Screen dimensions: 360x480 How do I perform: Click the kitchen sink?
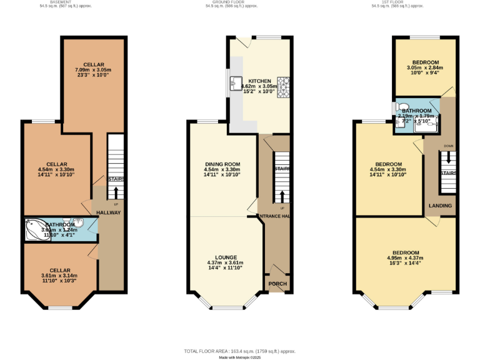(236, 82)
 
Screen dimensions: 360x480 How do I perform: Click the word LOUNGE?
(225, 257)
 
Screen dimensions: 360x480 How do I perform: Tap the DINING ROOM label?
(222, 164)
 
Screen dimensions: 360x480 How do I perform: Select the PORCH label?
(277, 284)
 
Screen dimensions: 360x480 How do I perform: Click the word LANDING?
(440, 206)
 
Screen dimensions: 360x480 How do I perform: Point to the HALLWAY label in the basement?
(108, 212)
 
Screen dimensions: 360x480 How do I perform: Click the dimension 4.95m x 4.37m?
(405, 257)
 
